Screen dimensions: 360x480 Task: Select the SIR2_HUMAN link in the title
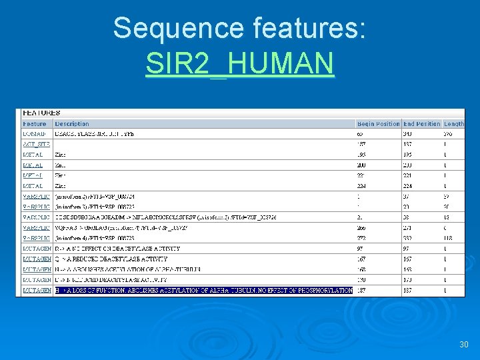tap(239, 63)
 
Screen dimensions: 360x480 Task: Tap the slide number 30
tap(464, 345)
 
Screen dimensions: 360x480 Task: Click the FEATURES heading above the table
tap(41, 113)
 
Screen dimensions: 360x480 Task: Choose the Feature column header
tap(35, 124)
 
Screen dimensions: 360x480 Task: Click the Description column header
tap(72, 124)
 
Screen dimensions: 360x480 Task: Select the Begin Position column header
tap(378, 124)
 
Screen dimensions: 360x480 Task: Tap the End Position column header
tap(422, 124)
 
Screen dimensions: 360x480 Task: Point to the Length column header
tap(454, 124)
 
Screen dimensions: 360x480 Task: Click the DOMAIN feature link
tap(34, 134)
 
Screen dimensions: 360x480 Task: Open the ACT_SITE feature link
tap(36, 144)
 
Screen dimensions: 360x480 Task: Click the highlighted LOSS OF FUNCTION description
tap(203, 290)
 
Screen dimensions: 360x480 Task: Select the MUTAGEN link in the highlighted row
tap(37, 290)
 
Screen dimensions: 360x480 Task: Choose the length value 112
tap(449, 238)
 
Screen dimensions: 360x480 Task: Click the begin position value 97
tap(361, 249)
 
